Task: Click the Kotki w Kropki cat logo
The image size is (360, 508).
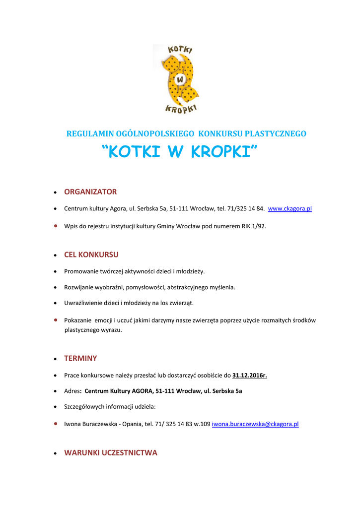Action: pyautogui.click(x=180, y=78)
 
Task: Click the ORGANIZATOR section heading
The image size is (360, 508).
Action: pyautogui.click(x=90, y=192)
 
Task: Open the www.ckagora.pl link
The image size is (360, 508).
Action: pyautogui.click(x=289, y=209)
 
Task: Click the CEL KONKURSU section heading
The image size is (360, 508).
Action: pyautogui.click(x=91, y=255)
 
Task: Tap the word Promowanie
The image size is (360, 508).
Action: pyautogui.click(x=80, y=271)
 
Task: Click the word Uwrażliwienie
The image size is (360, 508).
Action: pyautogui.click(x=83, y=303)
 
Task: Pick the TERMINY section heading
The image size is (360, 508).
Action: pyautogui.click(x=80, y=359)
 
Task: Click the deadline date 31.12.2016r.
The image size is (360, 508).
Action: pyautogui.click(x=249, y=375)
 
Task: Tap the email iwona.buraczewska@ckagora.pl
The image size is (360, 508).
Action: pyautogui.click(x=255, y=425)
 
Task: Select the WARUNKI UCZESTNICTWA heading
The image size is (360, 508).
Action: pyautogui.click(x=111, y=453)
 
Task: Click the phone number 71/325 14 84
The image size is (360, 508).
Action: pyautogui.click(x=247, y=209)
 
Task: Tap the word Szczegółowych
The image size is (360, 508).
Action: pyautogui.click(x=85, y=407)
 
